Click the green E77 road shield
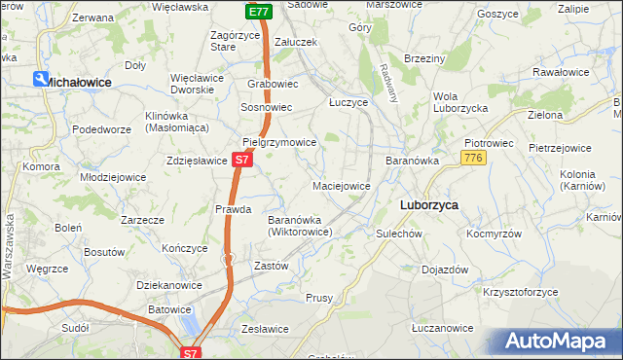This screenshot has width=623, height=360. pos(257,12)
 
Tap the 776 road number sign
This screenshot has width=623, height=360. pos(474,158)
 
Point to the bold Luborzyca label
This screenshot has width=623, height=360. pos(429,205)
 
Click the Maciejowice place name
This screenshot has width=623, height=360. pos(341,185)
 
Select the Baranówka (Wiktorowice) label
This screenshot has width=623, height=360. pos(301,226)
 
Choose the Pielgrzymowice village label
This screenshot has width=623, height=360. pos(279,142)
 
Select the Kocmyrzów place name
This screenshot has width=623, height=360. pos(495,234)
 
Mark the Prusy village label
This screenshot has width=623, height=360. pos(319,298)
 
